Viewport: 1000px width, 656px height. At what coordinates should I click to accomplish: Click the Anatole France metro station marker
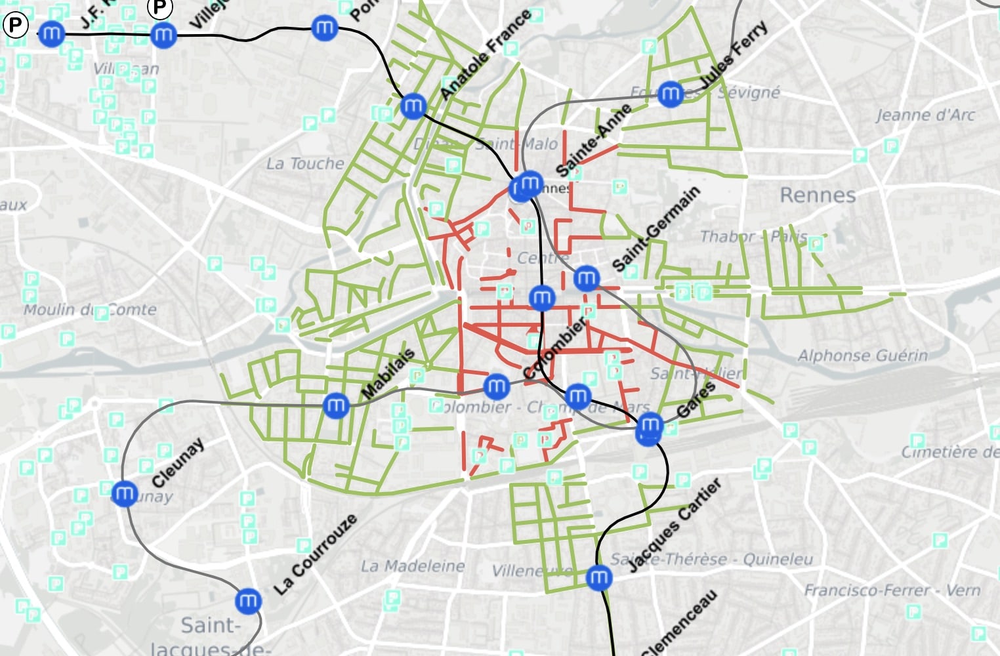click(413, 106)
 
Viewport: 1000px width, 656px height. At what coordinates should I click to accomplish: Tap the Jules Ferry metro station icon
click(670, 94)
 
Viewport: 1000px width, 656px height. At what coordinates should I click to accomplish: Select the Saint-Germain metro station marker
click(586, 279)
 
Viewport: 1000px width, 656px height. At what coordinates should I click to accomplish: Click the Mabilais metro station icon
click(336, 405)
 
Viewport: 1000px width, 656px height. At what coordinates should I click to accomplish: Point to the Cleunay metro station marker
click(124, 493)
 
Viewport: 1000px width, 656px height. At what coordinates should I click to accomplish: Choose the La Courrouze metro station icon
click(248, 600)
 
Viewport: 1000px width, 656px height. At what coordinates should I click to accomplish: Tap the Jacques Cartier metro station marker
click(598, 577)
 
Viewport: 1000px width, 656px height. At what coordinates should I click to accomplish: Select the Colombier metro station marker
click(496, 386)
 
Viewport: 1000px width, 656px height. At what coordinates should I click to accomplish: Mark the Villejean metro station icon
click(163, 35)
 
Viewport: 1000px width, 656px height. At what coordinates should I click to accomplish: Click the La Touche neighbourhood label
click(304, 163)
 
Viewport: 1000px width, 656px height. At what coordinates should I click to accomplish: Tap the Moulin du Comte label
click(90, 309)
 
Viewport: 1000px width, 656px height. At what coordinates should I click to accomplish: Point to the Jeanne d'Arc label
click(925, 115)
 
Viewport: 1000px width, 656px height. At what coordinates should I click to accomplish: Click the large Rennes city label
click(818, 195)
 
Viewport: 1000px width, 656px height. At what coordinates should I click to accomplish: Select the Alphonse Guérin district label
click(862, 356)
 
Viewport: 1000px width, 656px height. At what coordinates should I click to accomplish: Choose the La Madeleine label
click(413, 565)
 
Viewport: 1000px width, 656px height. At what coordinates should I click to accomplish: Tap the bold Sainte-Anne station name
click(593, 140)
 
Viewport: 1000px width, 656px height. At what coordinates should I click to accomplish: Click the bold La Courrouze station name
click(316, 555)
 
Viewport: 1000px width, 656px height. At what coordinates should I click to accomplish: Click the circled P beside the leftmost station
click(15, 26)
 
